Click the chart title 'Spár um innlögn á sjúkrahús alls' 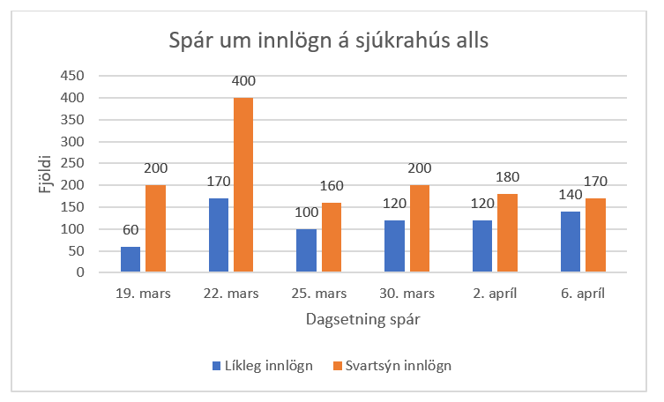[x=329, y=41]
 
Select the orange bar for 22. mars [x=243, y=185]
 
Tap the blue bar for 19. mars [x=131, y=259]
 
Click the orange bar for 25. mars [x=332, y=237]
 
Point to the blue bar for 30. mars [x=394, y=246]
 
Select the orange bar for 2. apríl [x=507, y=233]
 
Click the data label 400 [x=243, y=81]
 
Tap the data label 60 [x=131, y=230]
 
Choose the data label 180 [x=509, y=178]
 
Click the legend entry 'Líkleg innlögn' [x=261, y=366]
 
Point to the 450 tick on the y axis [x=72, y=76]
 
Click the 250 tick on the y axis [x=72, y=163]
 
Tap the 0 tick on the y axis [x=79, y=272]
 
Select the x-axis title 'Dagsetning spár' [x=362, y=321]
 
